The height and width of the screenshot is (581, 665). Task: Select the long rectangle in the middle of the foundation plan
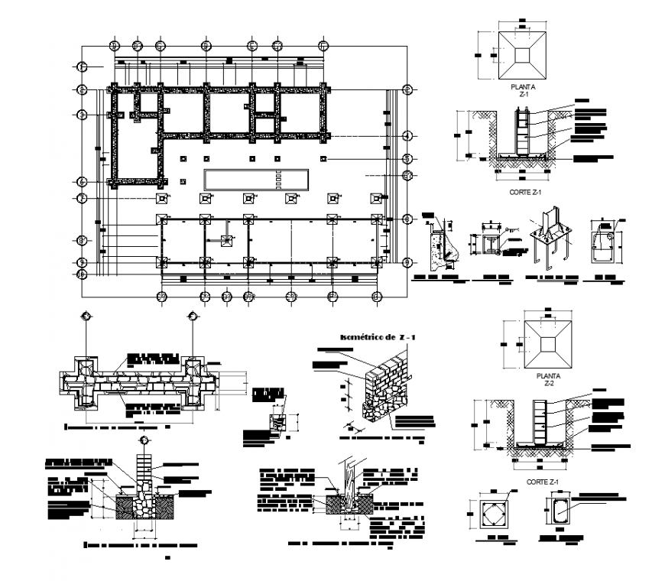pyautogui.click(x=257, y=180)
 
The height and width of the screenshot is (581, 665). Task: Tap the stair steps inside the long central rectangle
pyautogui.click(x=279, y=180)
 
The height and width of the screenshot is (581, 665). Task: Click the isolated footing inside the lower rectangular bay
pyautogui.click(x=226, y=242)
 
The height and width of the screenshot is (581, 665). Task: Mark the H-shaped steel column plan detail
pyautogui.click(x=488, y=244)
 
